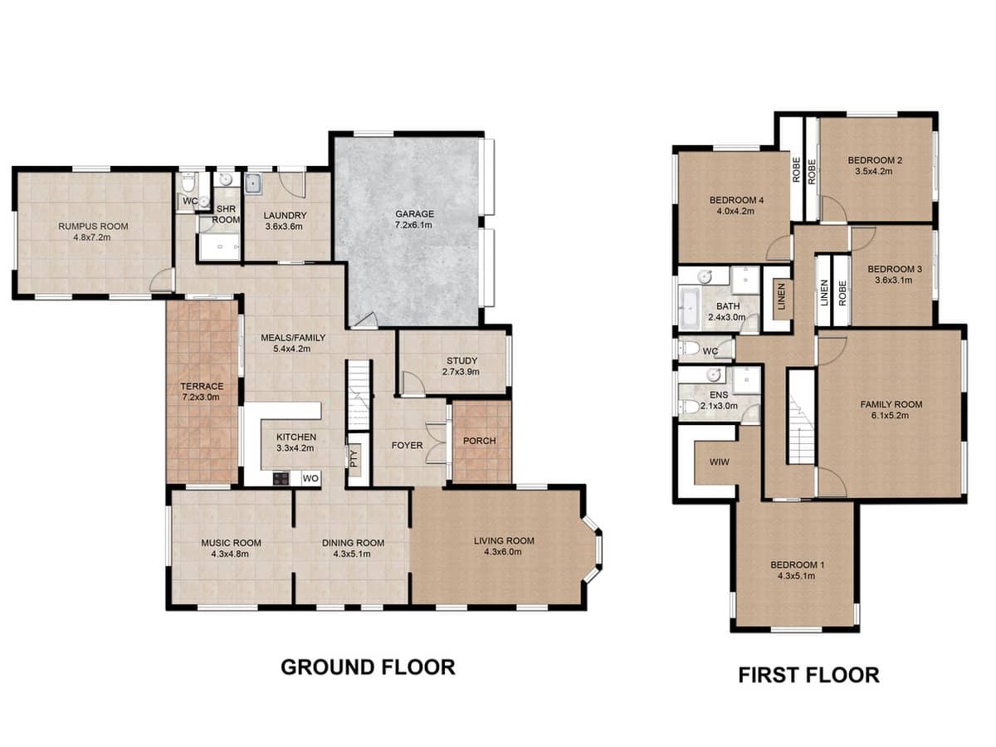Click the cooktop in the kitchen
[281, 478]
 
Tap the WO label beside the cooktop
[310, 479]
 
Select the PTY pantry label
[353, 457]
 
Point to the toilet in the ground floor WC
[188, 180]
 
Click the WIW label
[719, 461]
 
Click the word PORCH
[480, 440]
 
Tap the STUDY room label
[461, 360]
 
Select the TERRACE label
[202, 386]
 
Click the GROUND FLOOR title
[367, 666]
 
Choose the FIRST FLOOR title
[808, 675]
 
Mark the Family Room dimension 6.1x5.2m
[891, 416]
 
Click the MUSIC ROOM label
[231, 543]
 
